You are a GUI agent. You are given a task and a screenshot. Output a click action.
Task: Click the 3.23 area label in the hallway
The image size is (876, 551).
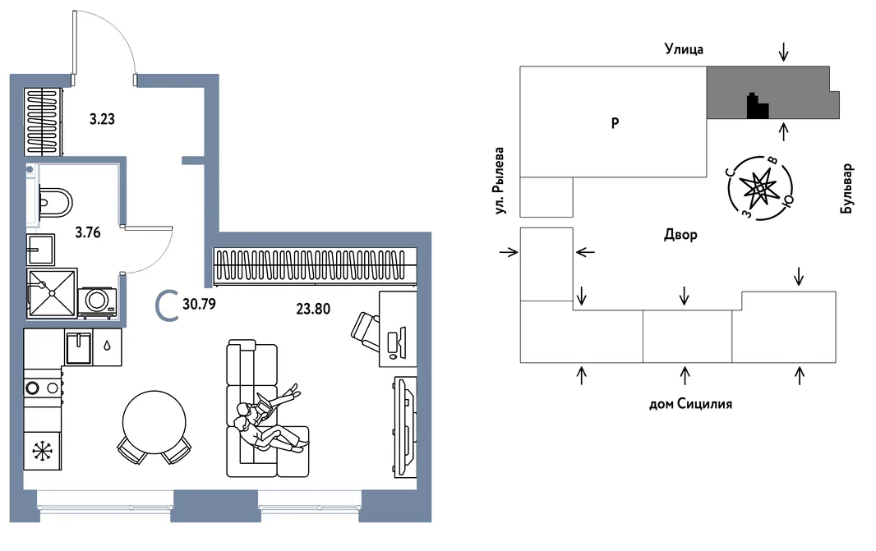[102, 119]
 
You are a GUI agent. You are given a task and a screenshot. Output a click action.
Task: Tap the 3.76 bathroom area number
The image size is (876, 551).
[88, 232]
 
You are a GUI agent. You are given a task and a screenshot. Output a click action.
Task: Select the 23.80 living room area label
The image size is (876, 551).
[313, 309]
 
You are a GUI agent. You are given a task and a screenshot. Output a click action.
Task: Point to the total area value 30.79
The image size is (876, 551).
[199, 305]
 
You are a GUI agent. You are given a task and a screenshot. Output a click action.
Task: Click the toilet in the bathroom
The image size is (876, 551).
[55, 203]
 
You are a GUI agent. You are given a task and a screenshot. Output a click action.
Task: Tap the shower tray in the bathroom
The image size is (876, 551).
[52, 293]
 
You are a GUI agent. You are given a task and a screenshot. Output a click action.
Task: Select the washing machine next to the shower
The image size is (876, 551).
[97, 302]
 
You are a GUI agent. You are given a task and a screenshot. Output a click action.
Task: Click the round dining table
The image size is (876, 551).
[154, 422]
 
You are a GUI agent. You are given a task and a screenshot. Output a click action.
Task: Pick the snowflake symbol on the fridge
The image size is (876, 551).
[41, 451]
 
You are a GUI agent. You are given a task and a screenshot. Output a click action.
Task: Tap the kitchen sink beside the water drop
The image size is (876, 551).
[77, 348]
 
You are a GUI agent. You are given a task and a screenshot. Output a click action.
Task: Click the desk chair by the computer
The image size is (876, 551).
[366, 332]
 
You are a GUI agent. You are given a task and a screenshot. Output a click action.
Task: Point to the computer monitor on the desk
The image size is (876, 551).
[401, 341]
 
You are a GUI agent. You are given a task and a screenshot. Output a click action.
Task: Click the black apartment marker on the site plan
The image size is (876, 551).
[758, 106]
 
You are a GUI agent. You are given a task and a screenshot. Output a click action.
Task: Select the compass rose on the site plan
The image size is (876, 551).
[760, 188]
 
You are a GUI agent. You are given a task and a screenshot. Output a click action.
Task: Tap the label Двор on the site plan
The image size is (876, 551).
[680, 235]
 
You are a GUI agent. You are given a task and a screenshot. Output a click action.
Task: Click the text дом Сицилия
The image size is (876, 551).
[690, 404]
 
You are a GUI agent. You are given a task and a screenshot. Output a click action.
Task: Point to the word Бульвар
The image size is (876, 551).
[846, 188]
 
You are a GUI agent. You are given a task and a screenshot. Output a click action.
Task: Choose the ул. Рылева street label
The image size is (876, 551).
[499, 181]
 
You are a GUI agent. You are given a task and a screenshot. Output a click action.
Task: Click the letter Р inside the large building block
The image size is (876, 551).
[615, 123]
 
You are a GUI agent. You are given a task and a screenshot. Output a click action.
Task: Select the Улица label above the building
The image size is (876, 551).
[684, 49]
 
